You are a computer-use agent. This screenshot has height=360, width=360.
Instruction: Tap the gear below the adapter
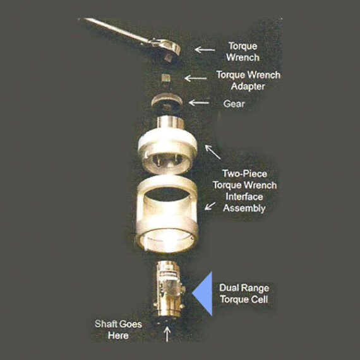(167, 103)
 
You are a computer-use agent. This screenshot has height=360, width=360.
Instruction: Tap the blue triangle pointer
(203, 294)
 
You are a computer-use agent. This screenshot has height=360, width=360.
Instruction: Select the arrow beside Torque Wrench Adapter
(196, 79)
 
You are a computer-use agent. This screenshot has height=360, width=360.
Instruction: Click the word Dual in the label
(230, 288)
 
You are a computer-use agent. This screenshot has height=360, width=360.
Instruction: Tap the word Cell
(258, 299)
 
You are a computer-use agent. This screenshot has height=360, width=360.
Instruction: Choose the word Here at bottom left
(118, 335)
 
